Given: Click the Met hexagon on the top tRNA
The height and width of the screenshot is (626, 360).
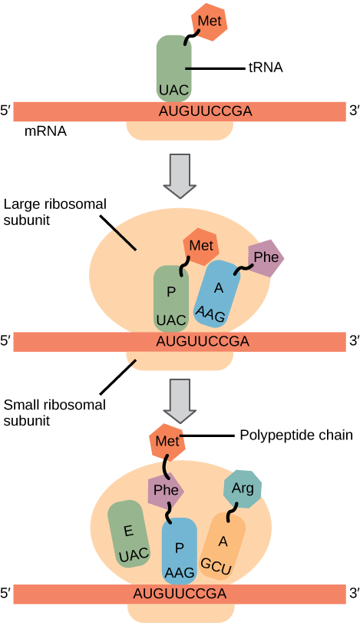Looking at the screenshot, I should (209, 19).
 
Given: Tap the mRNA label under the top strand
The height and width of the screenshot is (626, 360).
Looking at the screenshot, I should (45, 131).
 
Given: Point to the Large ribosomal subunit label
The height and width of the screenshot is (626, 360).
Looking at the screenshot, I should (54, 213).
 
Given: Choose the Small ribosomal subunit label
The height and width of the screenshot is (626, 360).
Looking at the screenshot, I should (54, 412).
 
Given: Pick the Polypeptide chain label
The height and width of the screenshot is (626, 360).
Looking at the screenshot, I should (296, 436).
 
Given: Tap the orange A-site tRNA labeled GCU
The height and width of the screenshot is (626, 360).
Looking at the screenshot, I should (222, 547).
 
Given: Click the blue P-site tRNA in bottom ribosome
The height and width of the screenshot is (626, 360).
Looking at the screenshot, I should (179, 550).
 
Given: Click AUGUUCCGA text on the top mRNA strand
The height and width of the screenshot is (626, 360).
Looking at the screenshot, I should (204, 111).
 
